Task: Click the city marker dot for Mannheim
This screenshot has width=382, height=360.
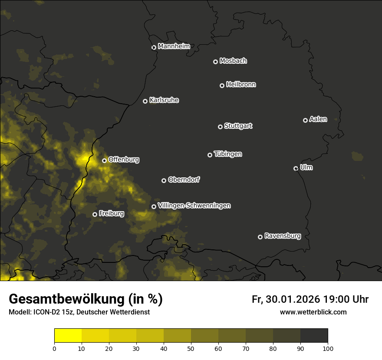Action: (154, 48)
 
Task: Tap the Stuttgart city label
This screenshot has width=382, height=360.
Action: (238, 126)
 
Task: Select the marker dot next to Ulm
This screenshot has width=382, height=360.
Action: (296, 168)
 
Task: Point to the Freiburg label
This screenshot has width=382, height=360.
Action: (111, 213)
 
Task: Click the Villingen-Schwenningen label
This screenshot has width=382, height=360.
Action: (194, 206)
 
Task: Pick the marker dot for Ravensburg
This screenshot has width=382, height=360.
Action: (260, 237)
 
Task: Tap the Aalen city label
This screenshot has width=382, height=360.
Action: (318, 119)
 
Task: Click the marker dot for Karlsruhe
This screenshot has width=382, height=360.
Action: (145, 101)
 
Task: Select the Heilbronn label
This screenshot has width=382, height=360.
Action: (241, 85)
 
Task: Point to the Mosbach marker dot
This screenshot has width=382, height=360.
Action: (215, 62)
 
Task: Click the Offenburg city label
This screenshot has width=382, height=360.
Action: (124, 160)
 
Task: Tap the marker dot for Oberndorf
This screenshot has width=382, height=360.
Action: (164, 180)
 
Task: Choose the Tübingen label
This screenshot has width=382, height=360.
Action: (228, 154)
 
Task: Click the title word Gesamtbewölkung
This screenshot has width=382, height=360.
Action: (65, 299)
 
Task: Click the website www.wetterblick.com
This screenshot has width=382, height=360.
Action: (313, 312)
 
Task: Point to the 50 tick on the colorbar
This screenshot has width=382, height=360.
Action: (191, 348)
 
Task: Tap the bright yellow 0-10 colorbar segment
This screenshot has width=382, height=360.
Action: (68, 336)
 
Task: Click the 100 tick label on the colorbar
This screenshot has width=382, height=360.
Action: (328, 348)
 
